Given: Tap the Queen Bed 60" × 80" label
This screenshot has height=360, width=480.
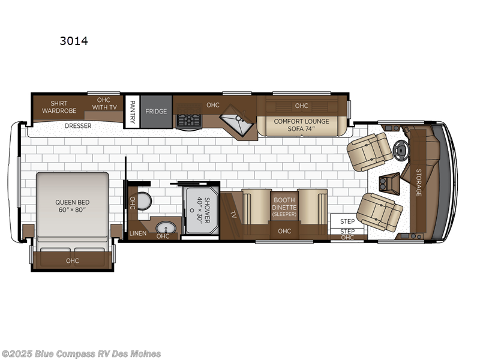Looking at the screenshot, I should coord(71,206).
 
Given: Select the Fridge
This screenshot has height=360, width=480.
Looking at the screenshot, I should coord(155,112).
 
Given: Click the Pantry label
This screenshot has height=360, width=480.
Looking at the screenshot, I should coord(132,112).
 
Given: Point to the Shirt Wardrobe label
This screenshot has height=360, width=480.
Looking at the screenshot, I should coord(59,107).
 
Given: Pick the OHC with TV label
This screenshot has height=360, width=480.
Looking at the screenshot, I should coord(104,104).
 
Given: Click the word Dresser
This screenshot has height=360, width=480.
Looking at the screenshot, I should coord(78,126).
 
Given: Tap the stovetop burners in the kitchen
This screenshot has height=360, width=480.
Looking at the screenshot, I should coord(188,119).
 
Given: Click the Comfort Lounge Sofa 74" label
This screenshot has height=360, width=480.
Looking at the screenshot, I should coord(301,125).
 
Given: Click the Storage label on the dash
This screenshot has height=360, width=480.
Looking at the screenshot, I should coord(418,182).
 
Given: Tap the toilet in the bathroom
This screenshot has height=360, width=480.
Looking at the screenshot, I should coord(143,200).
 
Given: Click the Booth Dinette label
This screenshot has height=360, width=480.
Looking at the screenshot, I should coord(284,206).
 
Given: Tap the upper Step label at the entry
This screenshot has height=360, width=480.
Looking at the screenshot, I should coord(347,221).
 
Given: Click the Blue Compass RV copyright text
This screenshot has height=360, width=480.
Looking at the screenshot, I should coord(82,353).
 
